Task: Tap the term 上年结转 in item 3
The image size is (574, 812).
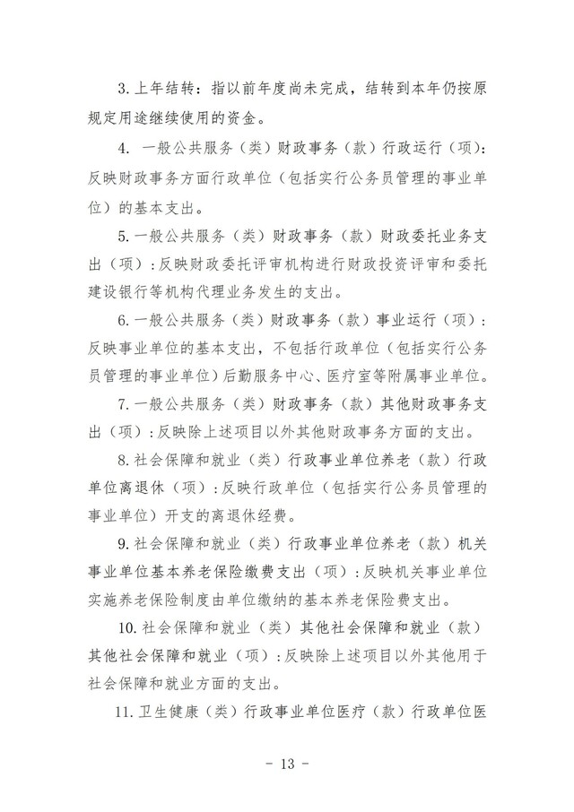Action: (168, 90)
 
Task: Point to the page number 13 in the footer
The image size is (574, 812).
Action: (287, 764)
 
